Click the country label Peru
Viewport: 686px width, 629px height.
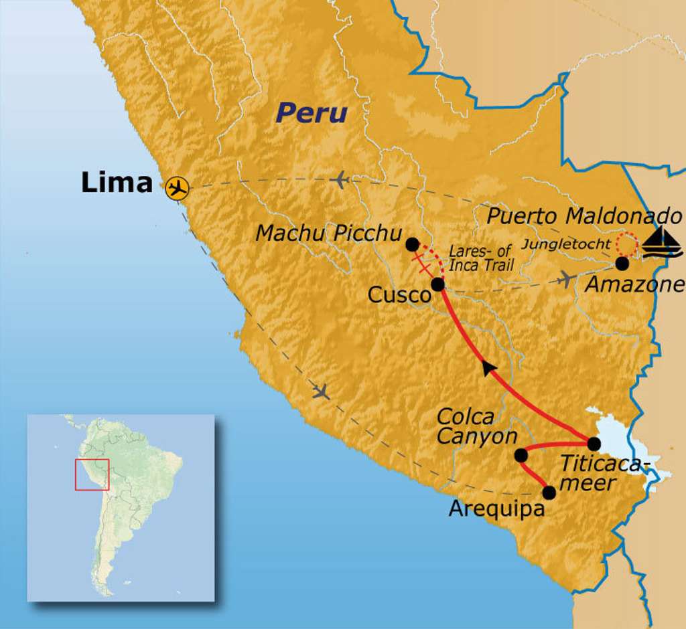pos(312,113)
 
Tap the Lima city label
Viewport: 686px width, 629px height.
pos(117,183)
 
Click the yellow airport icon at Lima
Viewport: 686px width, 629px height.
pos(177,188)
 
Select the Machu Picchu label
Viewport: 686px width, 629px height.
pos(329,233)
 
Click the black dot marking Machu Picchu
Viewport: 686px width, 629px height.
pos(413,244)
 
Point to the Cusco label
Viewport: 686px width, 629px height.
pos(398,295)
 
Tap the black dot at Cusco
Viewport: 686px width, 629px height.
pos(437,284)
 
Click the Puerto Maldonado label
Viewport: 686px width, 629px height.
pos(584,216)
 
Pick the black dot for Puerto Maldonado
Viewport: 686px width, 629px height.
pos(622,264)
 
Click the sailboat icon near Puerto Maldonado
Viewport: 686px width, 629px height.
pos(662,242)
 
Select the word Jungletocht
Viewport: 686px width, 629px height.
pos(566,244)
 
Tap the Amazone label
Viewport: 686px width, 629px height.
pos(635,284)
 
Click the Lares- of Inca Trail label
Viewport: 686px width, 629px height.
pos(482,258)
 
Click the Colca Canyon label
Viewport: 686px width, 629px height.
pos(476,427)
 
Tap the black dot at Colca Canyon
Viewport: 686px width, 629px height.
pos(521,455)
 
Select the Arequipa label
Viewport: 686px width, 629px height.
pos(495,509)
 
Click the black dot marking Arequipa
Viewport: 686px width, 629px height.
pos(549,493)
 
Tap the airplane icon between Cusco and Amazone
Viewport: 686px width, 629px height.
pos(567,279)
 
